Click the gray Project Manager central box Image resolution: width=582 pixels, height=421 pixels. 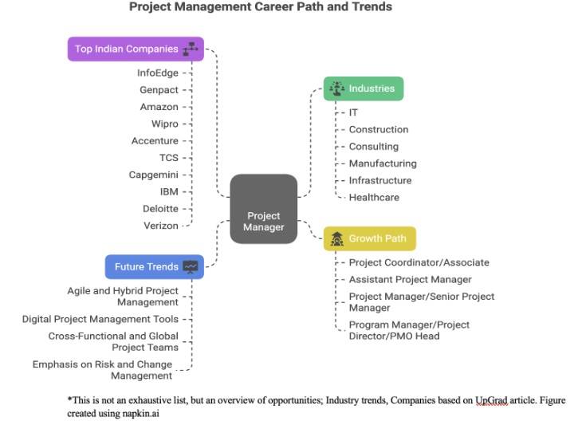pyautogui.click(x=263, y=209)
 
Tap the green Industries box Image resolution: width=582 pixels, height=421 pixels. pyautogui.click(x=364, y=89)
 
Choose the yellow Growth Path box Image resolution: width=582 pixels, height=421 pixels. pyautogui.click(x=369, y=238)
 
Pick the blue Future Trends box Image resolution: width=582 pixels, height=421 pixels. pyautogui.click(x=154, y=266)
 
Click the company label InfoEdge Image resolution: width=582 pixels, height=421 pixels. pyautogui.click(x=158, y=73)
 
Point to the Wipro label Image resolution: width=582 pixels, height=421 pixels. pyautogui.click(x=165, y=124)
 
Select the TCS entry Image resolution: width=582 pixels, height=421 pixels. pyautogui.click(x=168, y=158)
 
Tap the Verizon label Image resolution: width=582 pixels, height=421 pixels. pyautogui.click(x=161, y=226)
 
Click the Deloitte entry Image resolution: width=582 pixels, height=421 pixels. pyautogui.click(x=160, y=208)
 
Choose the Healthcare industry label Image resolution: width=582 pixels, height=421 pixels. pyautogui.click(x=374, y=197)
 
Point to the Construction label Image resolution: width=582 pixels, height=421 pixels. pyautogui.click(x=379, y=129)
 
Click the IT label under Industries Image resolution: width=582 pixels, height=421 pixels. pyautogui.click(x=353, y=112)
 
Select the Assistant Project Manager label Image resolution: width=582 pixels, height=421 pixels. pyautogui.click(x=410, y=279)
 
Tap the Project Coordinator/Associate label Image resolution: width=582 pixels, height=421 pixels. pyautogui.click(x=419, y=262)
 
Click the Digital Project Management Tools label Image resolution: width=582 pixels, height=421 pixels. pyautogui.click(x=100, y=319)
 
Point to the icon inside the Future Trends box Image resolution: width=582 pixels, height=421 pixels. pyautogui.click(x=191, y=267)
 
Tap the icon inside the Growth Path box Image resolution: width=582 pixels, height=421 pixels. pyautogui.click(x=336, y=238)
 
